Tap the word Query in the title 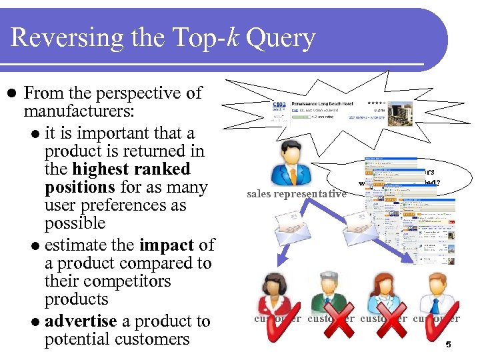pyautogui.click(x=280, y=39)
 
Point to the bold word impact pyautogui.click(x=167, y=245)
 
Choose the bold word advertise pyautogui.click(x=81, y=321)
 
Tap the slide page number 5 pyautogui.click(x=449, y=345)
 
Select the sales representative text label pyautogui.click(x=296, y=194)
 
